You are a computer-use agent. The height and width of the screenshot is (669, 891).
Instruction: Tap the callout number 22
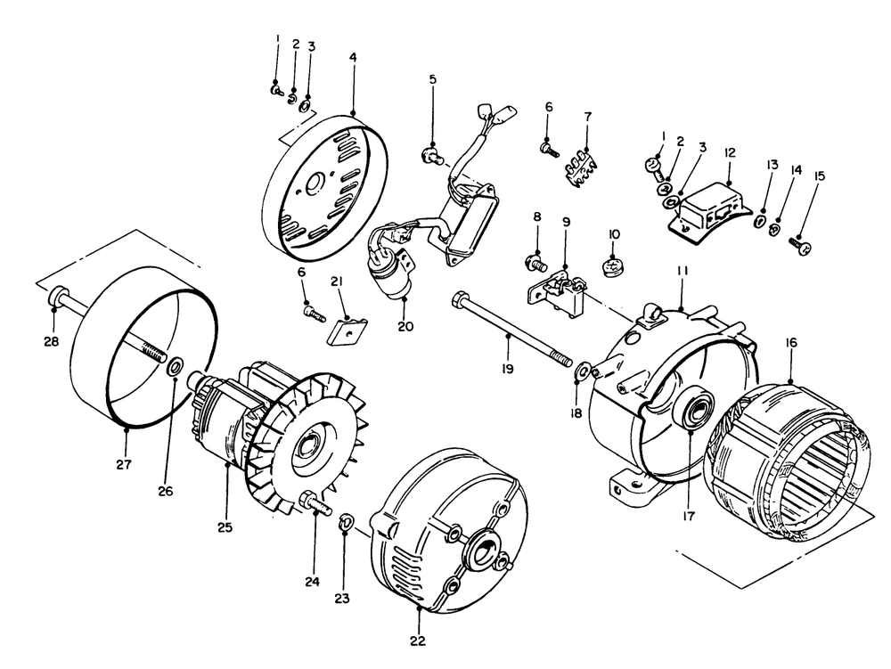418,640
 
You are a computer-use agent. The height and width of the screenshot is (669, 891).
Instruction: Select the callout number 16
790,342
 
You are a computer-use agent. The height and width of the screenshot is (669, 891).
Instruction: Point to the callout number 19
508,369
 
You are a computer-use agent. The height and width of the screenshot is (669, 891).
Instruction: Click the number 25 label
225,527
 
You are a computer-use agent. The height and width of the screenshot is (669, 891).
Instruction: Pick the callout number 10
614,234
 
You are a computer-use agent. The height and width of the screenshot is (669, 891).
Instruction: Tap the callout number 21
337,282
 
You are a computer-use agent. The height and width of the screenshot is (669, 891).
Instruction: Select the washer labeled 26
175,366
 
